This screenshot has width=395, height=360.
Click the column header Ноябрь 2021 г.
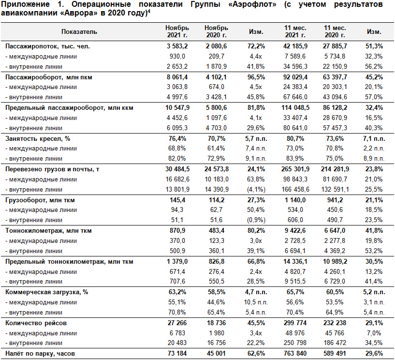tap(177, 31)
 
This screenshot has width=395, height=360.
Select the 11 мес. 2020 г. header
tap(335, 31)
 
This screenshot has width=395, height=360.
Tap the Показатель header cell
tap(79, 31)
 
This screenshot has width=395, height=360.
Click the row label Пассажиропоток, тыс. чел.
tap(47, 46)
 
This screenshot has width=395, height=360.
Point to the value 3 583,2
tap(177, 46)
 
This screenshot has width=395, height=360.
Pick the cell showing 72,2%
tap(256, 46)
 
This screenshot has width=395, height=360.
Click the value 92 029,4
tap(295, 77)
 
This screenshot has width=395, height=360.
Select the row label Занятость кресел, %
tap(38, 139)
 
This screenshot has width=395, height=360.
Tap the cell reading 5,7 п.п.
tap(256, 139)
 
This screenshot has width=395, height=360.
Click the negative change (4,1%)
tap(256, 189)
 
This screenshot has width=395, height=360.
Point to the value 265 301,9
tap(295, 169)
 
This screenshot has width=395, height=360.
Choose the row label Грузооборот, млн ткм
tap(40, 200)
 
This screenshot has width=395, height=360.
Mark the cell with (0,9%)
tap(256, 220)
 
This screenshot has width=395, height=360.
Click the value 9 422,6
tap(295, 231)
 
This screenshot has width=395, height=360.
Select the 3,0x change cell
tap(256, 241)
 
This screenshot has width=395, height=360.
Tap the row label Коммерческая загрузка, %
tap(46, 292)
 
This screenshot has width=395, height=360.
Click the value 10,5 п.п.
tap(256, 302)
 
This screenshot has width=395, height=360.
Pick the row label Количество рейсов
tap(36, 323)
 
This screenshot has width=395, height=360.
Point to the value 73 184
tap(177, 353)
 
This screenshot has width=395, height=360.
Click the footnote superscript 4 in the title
tap(149, 11)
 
